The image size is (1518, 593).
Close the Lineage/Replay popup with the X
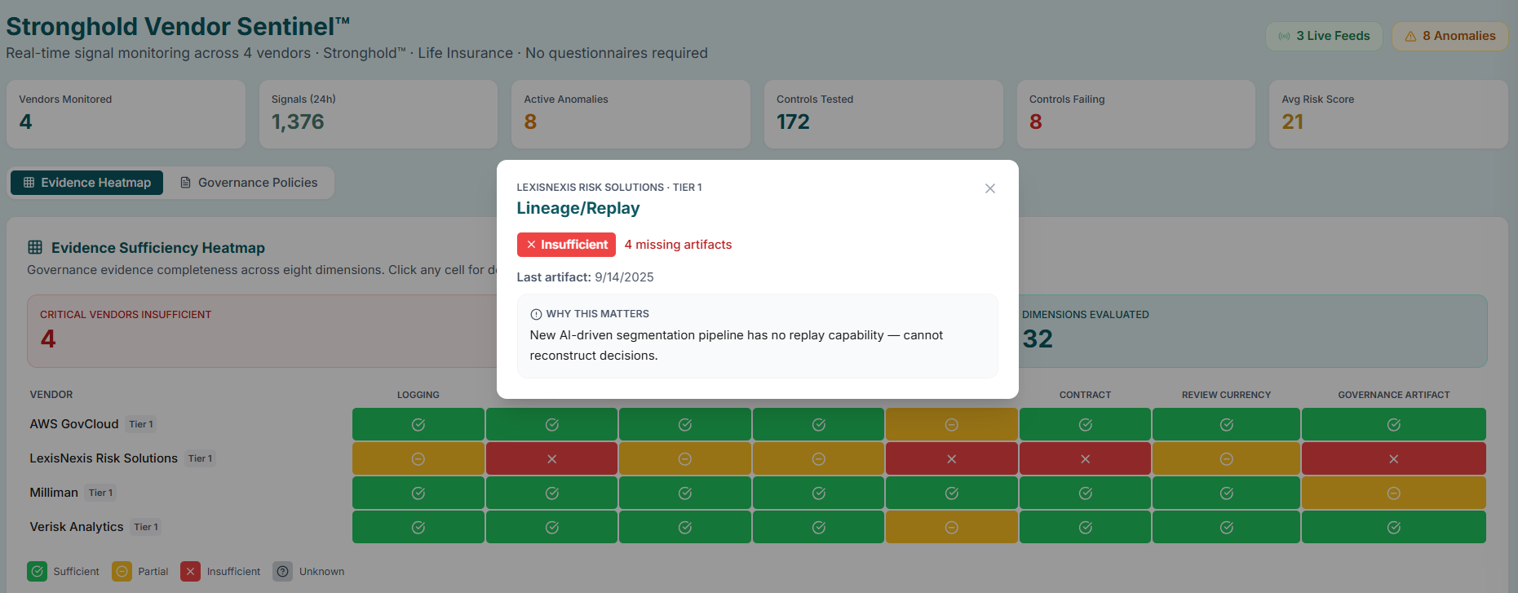tap(989, 188)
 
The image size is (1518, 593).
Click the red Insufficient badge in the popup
tap(566, 245)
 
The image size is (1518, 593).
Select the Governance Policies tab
tap(249, 183)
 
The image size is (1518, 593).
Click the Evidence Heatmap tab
tap(87, 183)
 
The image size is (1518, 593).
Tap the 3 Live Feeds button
tap(1324, 36)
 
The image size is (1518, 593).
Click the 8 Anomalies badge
tap(1450, 36)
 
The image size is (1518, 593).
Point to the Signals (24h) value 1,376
tap(298, 122)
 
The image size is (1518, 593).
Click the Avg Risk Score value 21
tap(1292, 122)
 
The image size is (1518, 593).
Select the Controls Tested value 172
tap(793, 122)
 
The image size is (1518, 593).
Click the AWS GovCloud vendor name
tap(74, 424)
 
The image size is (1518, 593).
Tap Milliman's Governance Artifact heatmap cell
tap(1393, 493)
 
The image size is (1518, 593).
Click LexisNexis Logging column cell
tap(418, 458)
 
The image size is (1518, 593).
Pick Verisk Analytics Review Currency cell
tap(1225, 527)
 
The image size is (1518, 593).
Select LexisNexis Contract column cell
tap(1085, 458)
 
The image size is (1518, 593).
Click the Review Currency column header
tap(1225, 395)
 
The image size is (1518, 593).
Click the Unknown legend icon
tap(282, 571)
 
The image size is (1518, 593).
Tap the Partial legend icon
tap(122, 571)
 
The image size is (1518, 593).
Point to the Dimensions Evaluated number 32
tap(1038, 339)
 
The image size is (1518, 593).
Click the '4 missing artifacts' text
tap(678, 245)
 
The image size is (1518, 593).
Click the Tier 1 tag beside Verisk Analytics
tap(146, 527)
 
